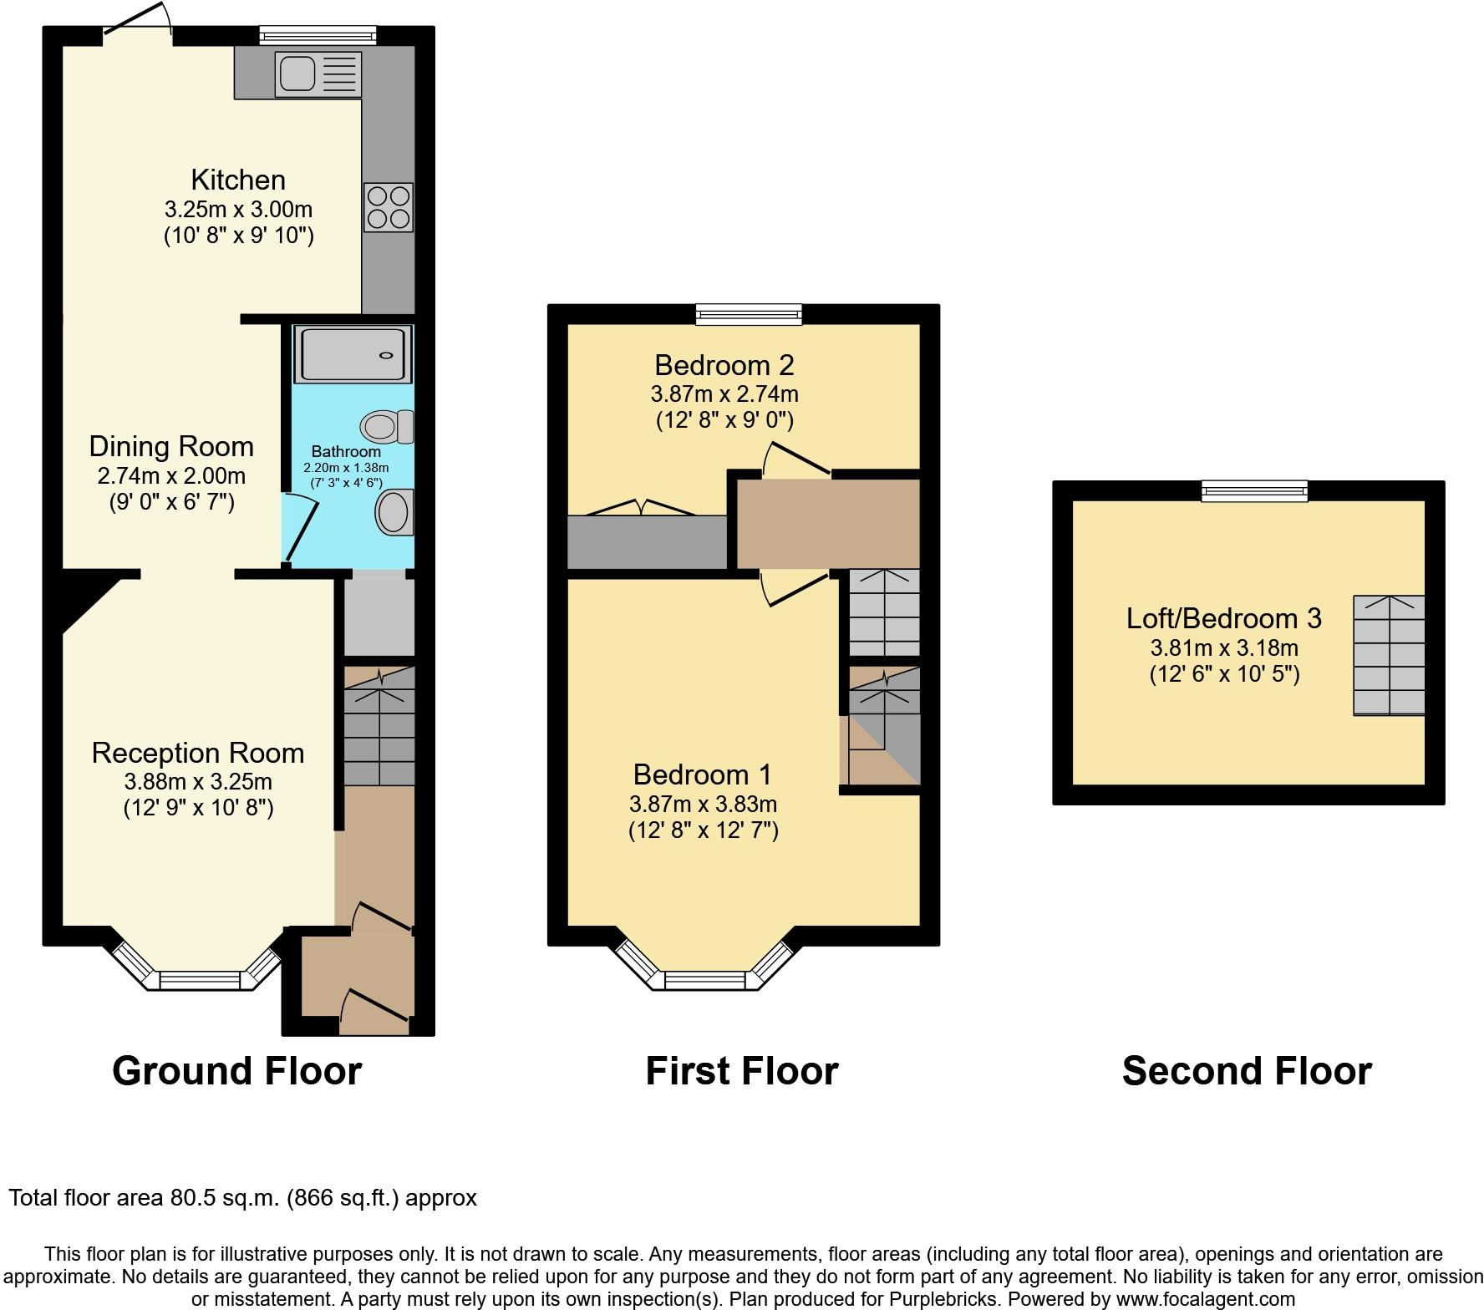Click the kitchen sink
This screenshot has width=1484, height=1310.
[x=319, y=74]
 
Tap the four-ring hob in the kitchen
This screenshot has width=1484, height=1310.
[x=389, y=207]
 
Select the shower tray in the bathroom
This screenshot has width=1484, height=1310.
[x=353, y=354]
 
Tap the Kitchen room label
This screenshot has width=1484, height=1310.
[x=238, y=180]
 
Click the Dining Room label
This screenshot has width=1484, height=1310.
[x=171, y=446]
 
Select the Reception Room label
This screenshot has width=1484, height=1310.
[x=198, y=753]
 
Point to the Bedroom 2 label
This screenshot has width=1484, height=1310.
[x=724, y=365]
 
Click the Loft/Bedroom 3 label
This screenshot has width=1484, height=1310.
[x=1224, y=618]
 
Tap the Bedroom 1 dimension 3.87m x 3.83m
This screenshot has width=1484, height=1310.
[x=704, y=805]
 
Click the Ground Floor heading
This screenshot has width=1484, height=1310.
[x=237, y=1071]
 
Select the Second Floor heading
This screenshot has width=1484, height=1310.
[x=1247, y=1071]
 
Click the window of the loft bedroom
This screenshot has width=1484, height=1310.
[x=1255, y=491]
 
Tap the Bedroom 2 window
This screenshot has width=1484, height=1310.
[x=750, y=314]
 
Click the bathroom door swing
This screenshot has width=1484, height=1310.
[x=300, y=528]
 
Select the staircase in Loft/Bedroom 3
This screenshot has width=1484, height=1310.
[x=1389, y=655]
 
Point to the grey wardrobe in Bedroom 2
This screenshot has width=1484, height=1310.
[x=648, y=542]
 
